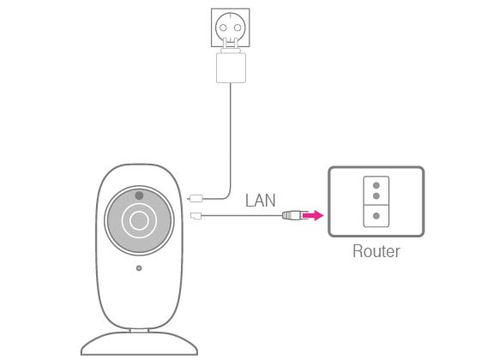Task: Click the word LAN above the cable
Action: click(261, 201)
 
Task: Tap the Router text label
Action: click(376, 251)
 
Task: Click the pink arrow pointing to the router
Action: click(313, 215)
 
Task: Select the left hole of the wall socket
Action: click(223, 27)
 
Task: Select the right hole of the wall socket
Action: click(237, 27)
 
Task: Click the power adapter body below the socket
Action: click(231, 68)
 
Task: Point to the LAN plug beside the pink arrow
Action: click(292, 215)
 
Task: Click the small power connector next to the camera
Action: click(195, 198)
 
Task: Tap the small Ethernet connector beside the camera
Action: click(195, 215)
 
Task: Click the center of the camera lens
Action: click(139, 220)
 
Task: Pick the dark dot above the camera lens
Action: click(139, 195)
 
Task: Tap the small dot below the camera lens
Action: click(139, 267)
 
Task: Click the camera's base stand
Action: click(139, 344)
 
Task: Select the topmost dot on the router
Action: click(376, 185)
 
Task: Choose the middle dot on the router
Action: click(376, 196)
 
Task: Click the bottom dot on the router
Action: click(376, 215)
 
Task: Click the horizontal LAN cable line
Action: click(242, 215)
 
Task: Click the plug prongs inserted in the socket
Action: click(230, 43)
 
